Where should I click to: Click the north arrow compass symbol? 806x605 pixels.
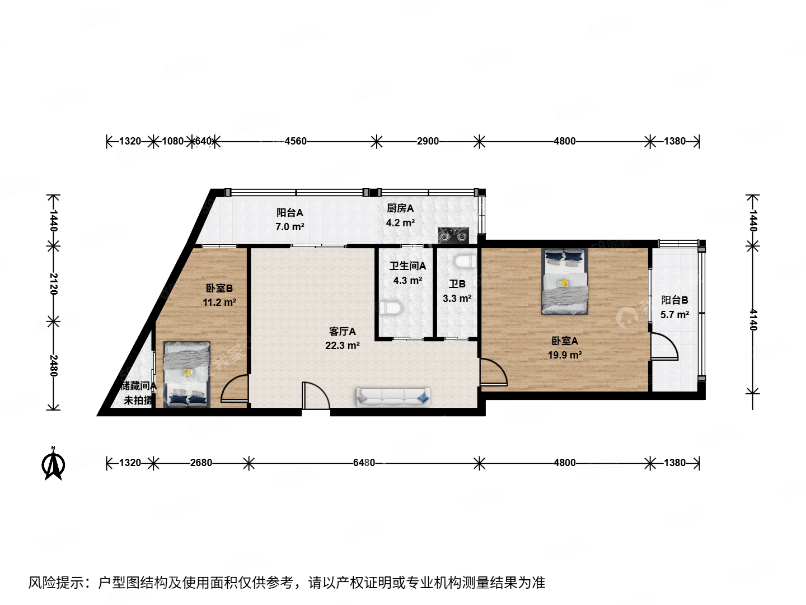[x=54, y=464]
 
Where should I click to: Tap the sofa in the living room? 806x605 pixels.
[x=393, y=397]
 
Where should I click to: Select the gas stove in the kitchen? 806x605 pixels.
[x=453, y=235]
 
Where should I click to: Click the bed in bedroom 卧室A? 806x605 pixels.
[x=564, y=281]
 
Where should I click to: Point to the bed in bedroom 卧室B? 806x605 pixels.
[x=187, y=374]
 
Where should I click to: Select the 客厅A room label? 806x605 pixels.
[x=342, y=332]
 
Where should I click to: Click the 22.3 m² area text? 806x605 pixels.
[x=342, y=346]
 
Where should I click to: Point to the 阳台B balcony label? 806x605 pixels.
[x=674, y=300]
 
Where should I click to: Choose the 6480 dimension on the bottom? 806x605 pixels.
[x=364, y=463]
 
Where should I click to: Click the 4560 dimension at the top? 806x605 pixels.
[x=296, y=141]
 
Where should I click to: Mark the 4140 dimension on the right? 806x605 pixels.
[x=753, y=319]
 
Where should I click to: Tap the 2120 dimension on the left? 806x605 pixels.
[x=53, y=283]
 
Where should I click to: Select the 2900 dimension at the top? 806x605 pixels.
[x=428, y=141]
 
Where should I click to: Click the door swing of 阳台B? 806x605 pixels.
[x=664, y=346]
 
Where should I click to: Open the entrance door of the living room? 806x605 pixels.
[x=315, y=397]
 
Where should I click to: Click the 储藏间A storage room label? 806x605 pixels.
[x=138, y=386]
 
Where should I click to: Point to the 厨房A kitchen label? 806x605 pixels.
[x=400, y=208]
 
